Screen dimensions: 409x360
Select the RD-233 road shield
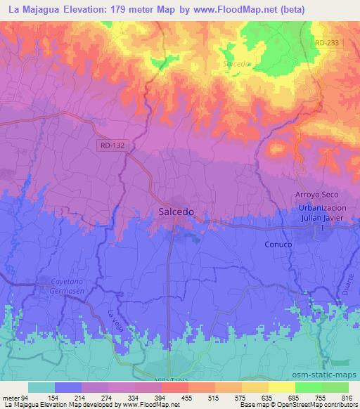click(x=327, y=44)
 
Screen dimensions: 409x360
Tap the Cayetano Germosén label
click(x=72, y=285)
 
